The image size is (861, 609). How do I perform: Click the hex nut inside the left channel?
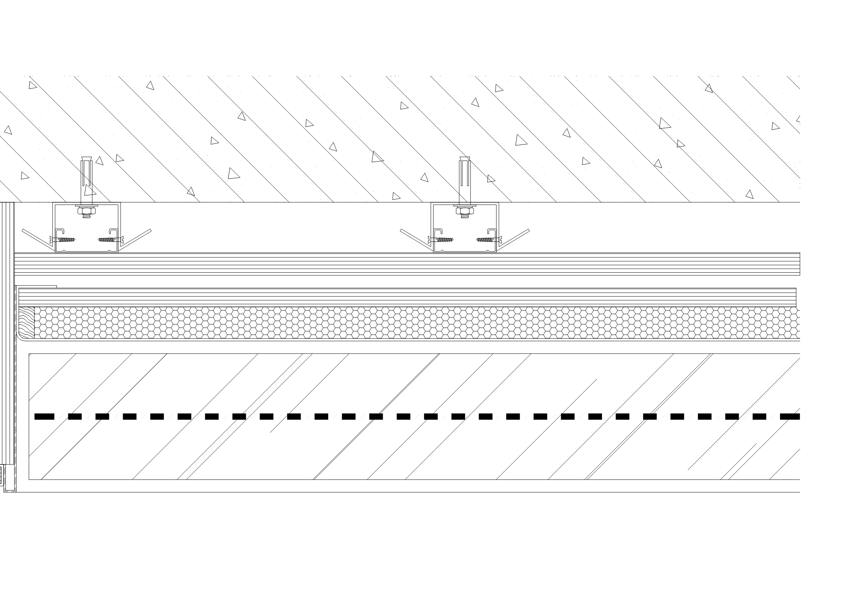coord(87,211)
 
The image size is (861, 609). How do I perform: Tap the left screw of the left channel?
coord(66,239)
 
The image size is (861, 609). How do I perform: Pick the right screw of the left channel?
coord(107,239)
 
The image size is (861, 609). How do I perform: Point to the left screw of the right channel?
coord(444,239)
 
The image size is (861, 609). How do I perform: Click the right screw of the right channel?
coord(486,239)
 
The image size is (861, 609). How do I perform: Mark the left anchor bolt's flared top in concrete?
coord(87,159)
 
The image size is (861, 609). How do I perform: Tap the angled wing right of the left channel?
coord(136,239)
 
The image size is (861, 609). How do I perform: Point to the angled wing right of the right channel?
coord(514,239)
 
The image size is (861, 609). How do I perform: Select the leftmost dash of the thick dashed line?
coord(44,416)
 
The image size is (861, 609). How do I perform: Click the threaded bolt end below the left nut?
coord(87,216)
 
